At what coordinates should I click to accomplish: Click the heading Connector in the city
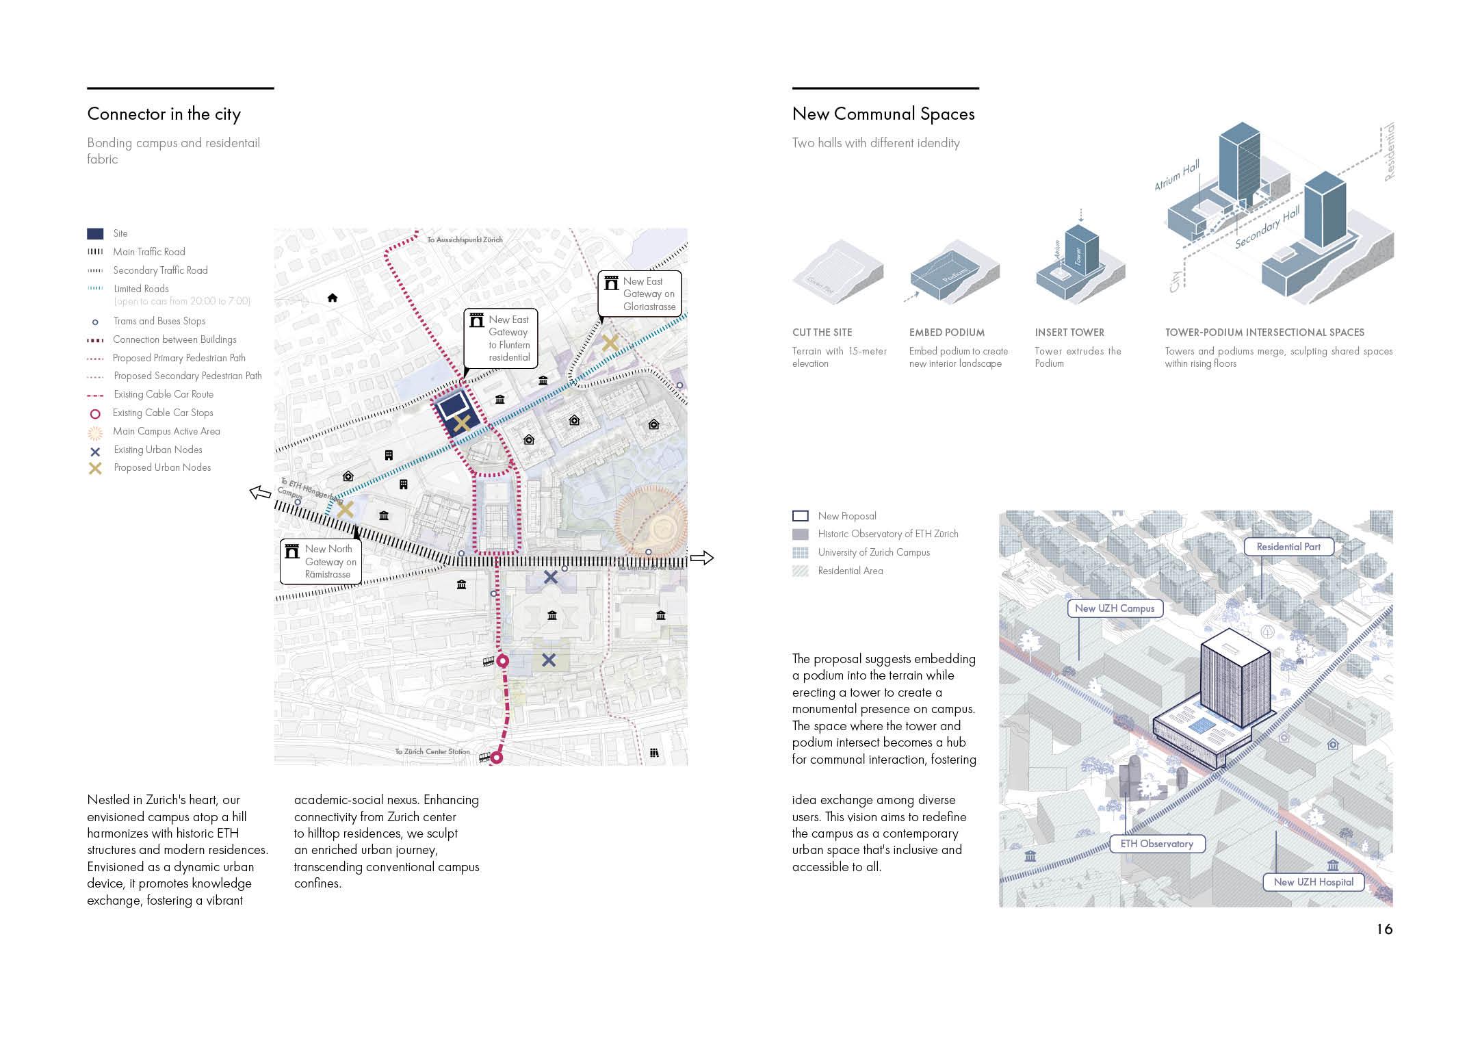pyautogui.click(x=164, y=114)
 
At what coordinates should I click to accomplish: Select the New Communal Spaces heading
pyautogui.click(x=883, y=114)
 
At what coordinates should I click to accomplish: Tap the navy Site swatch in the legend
pyautogui.click(x=95, y=234)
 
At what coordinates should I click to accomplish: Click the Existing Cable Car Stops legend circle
pyautogui.click(x=96, y=413)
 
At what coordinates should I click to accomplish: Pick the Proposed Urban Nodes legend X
pyautogui.click(x=96, y=468)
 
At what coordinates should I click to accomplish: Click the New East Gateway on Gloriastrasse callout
pyautogui.click(x=640, y=294)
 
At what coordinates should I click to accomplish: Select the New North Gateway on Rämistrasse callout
pyautogui.click(x=320, y=562)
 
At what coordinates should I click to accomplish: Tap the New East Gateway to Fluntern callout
pyautogui.click(x=500, y=339)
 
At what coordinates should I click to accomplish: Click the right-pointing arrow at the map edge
pyautogui.click(x=701, y=558)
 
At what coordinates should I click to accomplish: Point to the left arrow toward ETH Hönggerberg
pyautogui.click(x=260, y=492)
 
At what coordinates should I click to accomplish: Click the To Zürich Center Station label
pyautogui.click(x=432, y=751)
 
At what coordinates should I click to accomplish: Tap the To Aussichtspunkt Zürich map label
pyautogui.click(x=465, y=240)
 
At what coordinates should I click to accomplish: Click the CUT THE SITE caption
pyautogui.click(x=822, y=333)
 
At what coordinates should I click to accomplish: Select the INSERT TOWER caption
pyautogui.click(x=1069, y=333)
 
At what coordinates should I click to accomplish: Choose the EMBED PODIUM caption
pyautogui.click(x=946, y=333)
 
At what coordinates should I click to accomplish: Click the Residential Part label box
pyautogui.click(x=1288, y=547)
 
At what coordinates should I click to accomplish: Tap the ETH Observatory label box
pyautogui.click(x=1156, y=844)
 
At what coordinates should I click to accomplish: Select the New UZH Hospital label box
pyautogui.click(x=1313, y=882)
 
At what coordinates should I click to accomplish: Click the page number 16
pyautogui.click(x=1384, y=929)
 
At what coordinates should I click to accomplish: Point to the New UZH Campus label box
pyautogui.click(x=1114, y=608)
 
